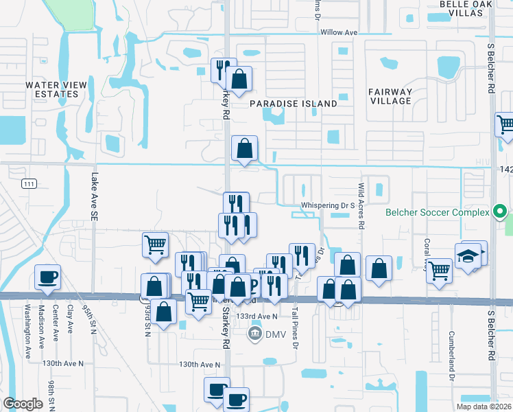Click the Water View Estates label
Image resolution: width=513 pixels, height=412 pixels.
coord(56,89)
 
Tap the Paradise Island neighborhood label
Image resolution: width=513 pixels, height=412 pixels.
coord(293,104)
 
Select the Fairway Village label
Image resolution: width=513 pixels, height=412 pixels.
coord(390,96)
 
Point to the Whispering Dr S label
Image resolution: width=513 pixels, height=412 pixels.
coord(327,205)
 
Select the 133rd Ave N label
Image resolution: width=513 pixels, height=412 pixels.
coord(256,316)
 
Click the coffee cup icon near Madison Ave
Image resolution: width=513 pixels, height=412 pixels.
coord(47,277)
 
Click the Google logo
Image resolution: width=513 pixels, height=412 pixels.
coord(23,404)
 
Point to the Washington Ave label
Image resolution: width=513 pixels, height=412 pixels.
coord(29,332)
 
